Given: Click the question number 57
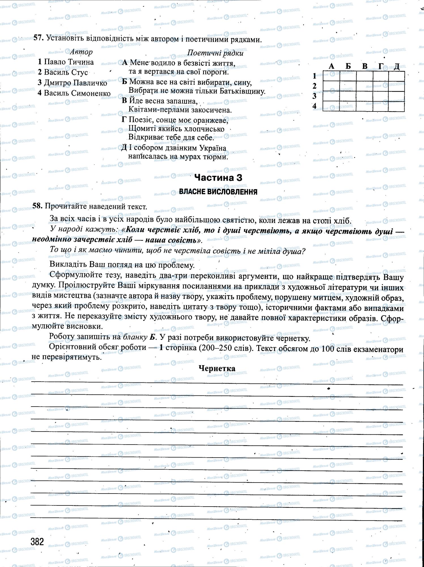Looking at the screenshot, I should point(38,38).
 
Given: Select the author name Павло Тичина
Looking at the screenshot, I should point(66,62).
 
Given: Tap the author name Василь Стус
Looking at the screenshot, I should point(63,72).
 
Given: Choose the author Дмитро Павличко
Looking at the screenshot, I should point(72,83).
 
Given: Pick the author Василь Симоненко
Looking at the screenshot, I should point(74,93).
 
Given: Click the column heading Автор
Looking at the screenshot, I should point(81,52).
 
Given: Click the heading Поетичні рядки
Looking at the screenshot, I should point(215,53).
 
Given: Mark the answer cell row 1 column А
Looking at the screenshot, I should point(331,76).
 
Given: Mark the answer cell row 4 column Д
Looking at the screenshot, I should point(396,106).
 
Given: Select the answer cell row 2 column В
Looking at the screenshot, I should point(365,86).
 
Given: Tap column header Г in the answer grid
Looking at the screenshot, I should point(381,66).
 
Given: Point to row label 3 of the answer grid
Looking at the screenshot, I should point(314,96).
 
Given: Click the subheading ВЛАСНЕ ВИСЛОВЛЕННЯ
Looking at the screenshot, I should point(218,192).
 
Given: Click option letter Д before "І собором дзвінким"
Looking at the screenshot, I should point(124,148).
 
